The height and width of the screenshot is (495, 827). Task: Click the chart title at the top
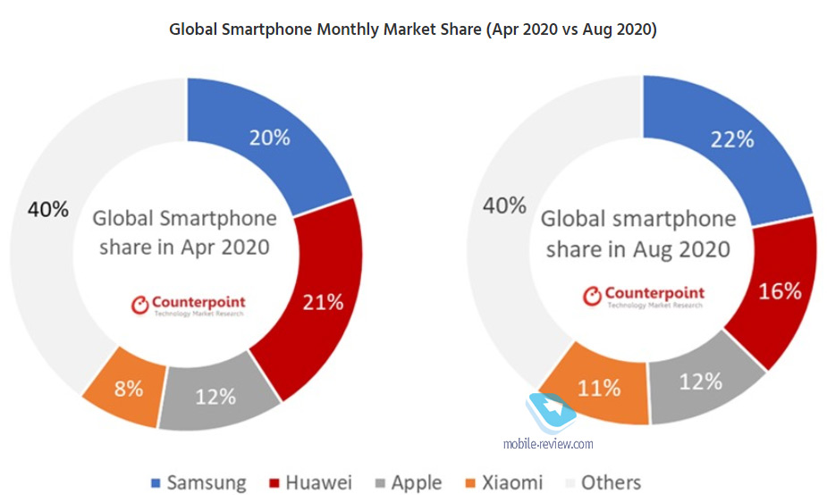[413, 29]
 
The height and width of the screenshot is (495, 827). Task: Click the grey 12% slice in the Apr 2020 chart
[215, 396]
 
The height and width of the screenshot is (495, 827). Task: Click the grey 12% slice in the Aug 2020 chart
[700, 381]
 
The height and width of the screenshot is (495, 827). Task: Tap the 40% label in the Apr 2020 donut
[48, 209]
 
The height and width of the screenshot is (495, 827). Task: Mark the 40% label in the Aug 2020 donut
[504, 206]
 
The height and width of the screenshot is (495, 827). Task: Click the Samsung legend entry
[197, 482]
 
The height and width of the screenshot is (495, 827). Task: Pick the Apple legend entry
[406, 482]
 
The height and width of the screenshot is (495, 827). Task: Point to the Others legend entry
[600, 482]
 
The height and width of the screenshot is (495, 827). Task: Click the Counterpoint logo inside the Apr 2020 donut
[189, 305]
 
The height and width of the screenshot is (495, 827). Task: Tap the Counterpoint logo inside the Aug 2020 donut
[644, 296]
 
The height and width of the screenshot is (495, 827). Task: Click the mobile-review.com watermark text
[549, 442]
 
